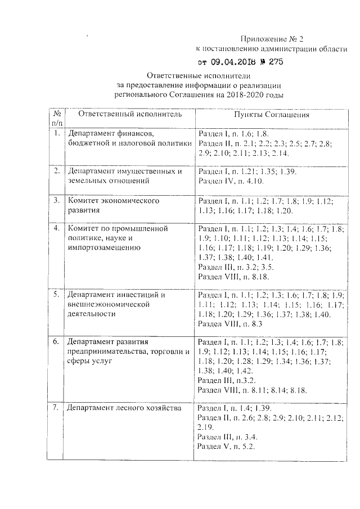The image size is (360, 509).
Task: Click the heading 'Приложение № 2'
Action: (x=271, y=39)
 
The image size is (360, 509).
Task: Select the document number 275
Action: (x=276, y=62)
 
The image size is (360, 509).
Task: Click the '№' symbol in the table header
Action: (x=57, y=113)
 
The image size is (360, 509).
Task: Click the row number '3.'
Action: (x=56, y=200)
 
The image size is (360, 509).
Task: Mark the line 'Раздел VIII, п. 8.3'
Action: (x=231, y=324)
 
